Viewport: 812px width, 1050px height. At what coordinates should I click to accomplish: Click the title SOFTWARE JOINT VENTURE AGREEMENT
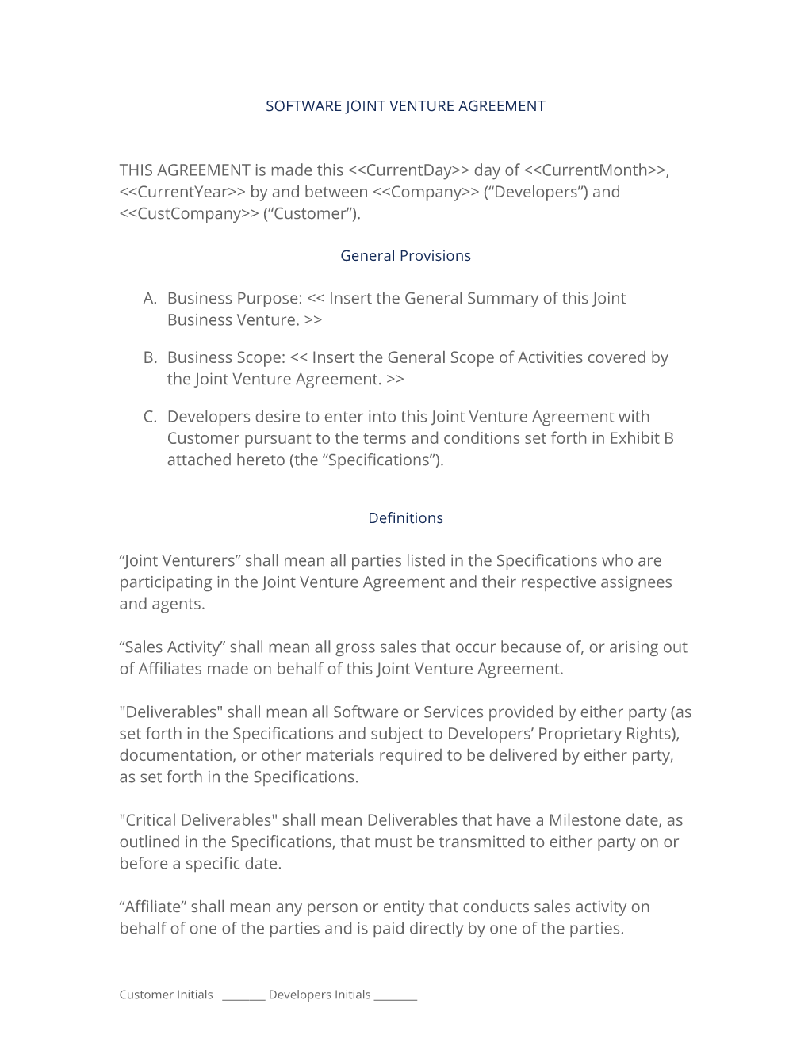[x=405, y=106]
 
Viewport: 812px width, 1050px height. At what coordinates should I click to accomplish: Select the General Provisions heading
[x=405, y=256]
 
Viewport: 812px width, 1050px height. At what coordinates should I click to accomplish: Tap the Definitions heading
[x=405, y=518]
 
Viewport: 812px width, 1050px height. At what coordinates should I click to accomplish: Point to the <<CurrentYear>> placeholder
[x=182, y=192]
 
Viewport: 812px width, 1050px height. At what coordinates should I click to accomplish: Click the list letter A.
[x=150, y=299]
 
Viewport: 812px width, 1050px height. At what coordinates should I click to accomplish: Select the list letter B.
[x=150, y=358]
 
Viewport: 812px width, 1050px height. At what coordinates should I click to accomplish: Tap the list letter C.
[x=150, y=417]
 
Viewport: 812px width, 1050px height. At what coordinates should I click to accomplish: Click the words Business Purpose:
[x=235, y=299]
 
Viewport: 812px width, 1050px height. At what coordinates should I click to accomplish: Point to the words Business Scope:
[x=226, y=358]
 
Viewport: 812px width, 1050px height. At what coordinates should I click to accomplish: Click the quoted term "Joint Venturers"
[x=180, y=561]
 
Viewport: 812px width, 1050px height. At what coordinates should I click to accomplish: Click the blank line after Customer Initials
[x=243, y=997]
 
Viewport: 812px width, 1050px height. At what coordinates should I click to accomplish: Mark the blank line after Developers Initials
[x=395, y=997]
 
